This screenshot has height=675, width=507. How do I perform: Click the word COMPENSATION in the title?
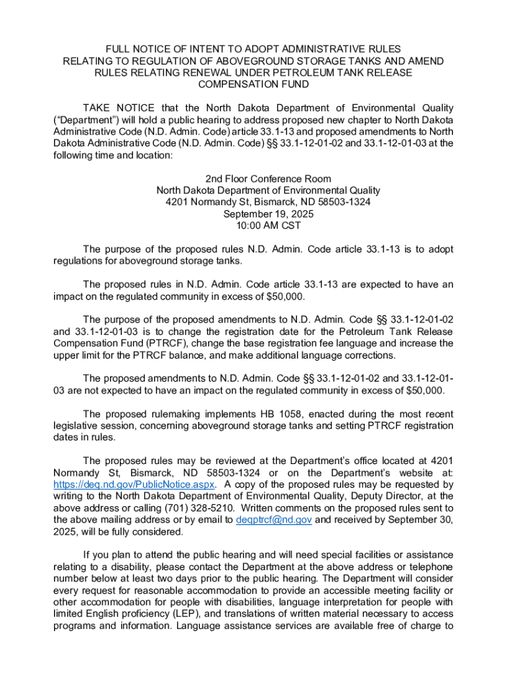(x=234, y=84)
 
